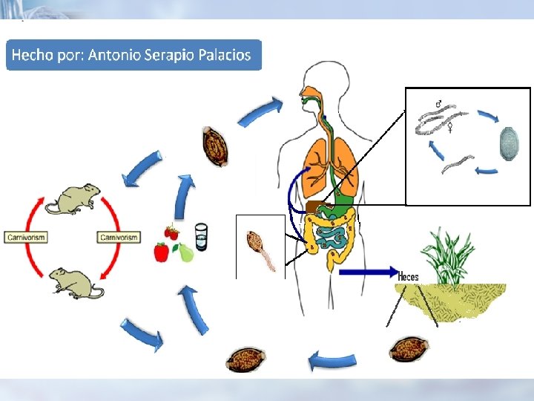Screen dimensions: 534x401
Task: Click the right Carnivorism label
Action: pos(119,237)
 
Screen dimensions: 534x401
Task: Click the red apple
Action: pos(161,252)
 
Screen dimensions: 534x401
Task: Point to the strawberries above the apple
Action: pos(171,232)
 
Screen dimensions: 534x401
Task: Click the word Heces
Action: pos(408,276)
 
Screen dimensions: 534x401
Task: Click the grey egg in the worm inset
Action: pos(509,142)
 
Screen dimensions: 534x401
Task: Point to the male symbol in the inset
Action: pos(439,103)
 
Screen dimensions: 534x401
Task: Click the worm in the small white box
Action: pos(261,248)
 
